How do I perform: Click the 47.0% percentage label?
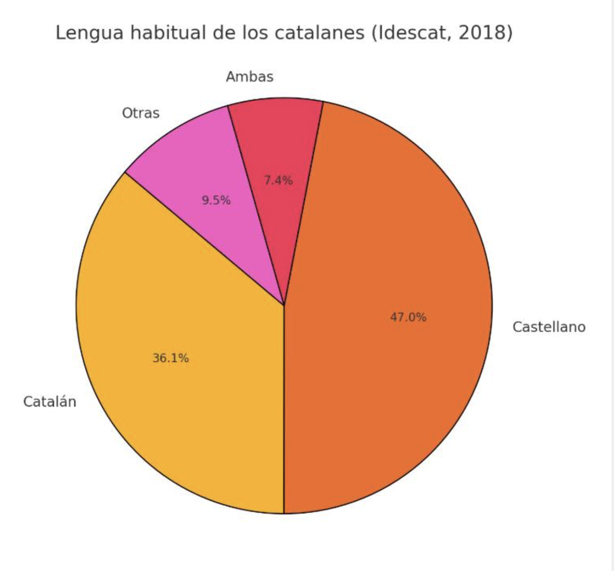[x=408, y=317]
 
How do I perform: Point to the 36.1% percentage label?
[x=170, y=358]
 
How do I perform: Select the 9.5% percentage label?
[x=216, y=200]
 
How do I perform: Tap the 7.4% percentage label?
[x=278, y=180]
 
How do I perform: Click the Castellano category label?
[x=549, y=327]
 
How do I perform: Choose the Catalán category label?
[x=50, y=402]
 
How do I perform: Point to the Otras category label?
[x=141, y=113]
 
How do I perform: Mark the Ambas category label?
[x=249, y=77]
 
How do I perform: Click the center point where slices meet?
[x=284, y=305]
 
